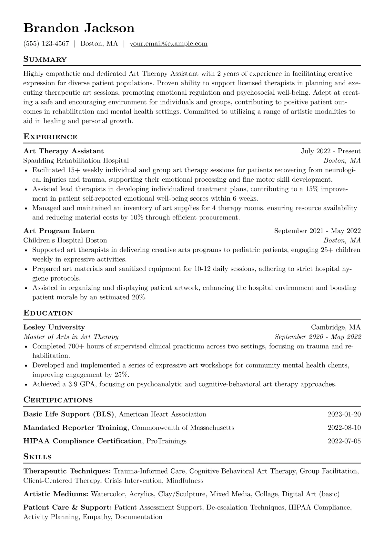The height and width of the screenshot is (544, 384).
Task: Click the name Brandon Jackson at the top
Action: (79, 28)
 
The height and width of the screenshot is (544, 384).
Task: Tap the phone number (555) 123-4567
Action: (46, 44)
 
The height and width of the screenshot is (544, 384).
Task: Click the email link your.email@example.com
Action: (168, 44)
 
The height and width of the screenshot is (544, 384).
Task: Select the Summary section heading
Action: (45, 59)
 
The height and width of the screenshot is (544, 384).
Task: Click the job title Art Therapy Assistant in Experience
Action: (64, 151)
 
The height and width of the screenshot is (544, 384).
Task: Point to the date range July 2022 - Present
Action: (330, 151)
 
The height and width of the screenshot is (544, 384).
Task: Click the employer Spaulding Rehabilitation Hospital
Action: (76, 161)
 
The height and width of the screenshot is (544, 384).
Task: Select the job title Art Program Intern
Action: (59, 231)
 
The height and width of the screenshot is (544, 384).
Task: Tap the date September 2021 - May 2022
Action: (317, 231)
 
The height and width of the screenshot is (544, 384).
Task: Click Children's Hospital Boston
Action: (65, 240)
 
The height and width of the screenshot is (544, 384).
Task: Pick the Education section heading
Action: (48, 313)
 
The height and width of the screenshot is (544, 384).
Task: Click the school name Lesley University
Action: (54, 327)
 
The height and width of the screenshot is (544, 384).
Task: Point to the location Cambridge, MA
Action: (336, 327)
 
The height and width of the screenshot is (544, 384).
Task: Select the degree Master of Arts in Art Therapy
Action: (71, 337)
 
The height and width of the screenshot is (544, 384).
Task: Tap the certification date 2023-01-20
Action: (344, 414)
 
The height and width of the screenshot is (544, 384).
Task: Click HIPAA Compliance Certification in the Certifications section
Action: (83, 441)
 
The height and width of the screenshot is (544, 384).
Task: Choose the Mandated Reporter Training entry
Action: (75, 428)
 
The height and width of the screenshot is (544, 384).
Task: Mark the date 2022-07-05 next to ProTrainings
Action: (344, 441)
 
